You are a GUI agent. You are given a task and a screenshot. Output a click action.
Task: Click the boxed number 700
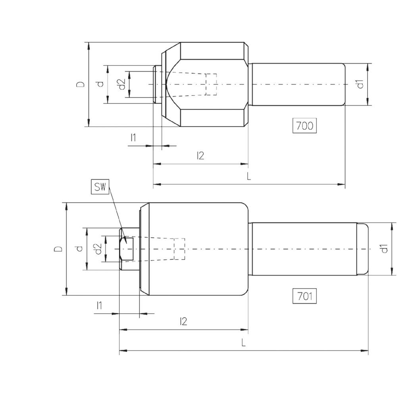(x=304, y=125)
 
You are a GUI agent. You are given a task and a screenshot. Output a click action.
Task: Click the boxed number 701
(x=304, y=296)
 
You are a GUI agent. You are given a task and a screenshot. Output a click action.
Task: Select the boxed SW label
(x=100, y=187)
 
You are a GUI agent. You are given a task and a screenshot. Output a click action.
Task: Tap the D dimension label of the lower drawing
(x=58, y=249)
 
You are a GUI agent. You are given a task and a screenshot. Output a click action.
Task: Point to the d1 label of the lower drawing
(x=384, y=249)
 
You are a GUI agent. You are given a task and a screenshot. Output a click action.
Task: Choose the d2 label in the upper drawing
(x=122, y=84)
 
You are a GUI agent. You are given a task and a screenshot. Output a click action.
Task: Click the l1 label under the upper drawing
(x=133, y=138)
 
